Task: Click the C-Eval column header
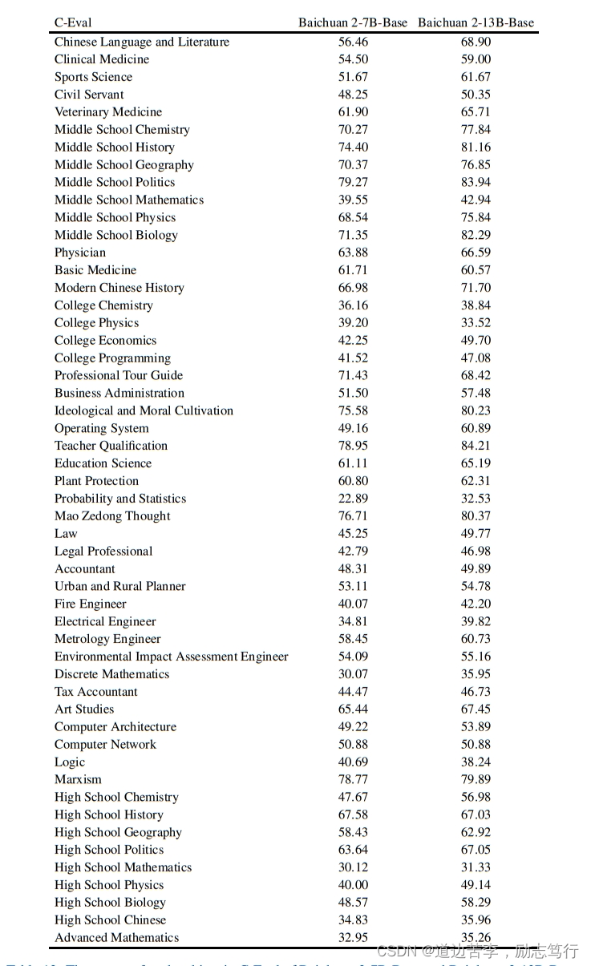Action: click(73, 23)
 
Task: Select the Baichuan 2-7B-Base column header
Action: click(353, 23)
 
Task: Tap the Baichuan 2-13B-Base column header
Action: click(476, 23)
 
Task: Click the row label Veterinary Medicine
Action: click(108, 112)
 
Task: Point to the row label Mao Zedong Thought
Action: click(112, 516)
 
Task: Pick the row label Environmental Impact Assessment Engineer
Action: click(171, 657)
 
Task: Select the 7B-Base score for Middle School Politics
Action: click(353, 182)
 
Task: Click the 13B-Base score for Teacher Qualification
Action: click(476, 446)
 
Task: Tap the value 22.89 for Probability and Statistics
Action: click(353, 499)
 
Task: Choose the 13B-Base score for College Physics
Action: click(476, 323)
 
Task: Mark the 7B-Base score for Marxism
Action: click(353, 779)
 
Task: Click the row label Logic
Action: click(70, 762)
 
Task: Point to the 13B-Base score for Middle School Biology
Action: click(476, 235)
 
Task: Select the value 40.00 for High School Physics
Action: click(353, 885)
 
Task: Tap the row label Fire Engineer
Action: click(91, 604)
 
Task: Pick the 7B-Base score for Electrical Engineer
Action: click(353, 621)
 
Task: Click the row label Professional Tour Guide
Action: click(119, 375)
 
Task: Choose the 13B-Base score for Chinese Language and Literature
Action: click(476, 42)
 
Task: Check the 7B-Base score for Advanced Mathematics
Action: click(353, 938)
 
